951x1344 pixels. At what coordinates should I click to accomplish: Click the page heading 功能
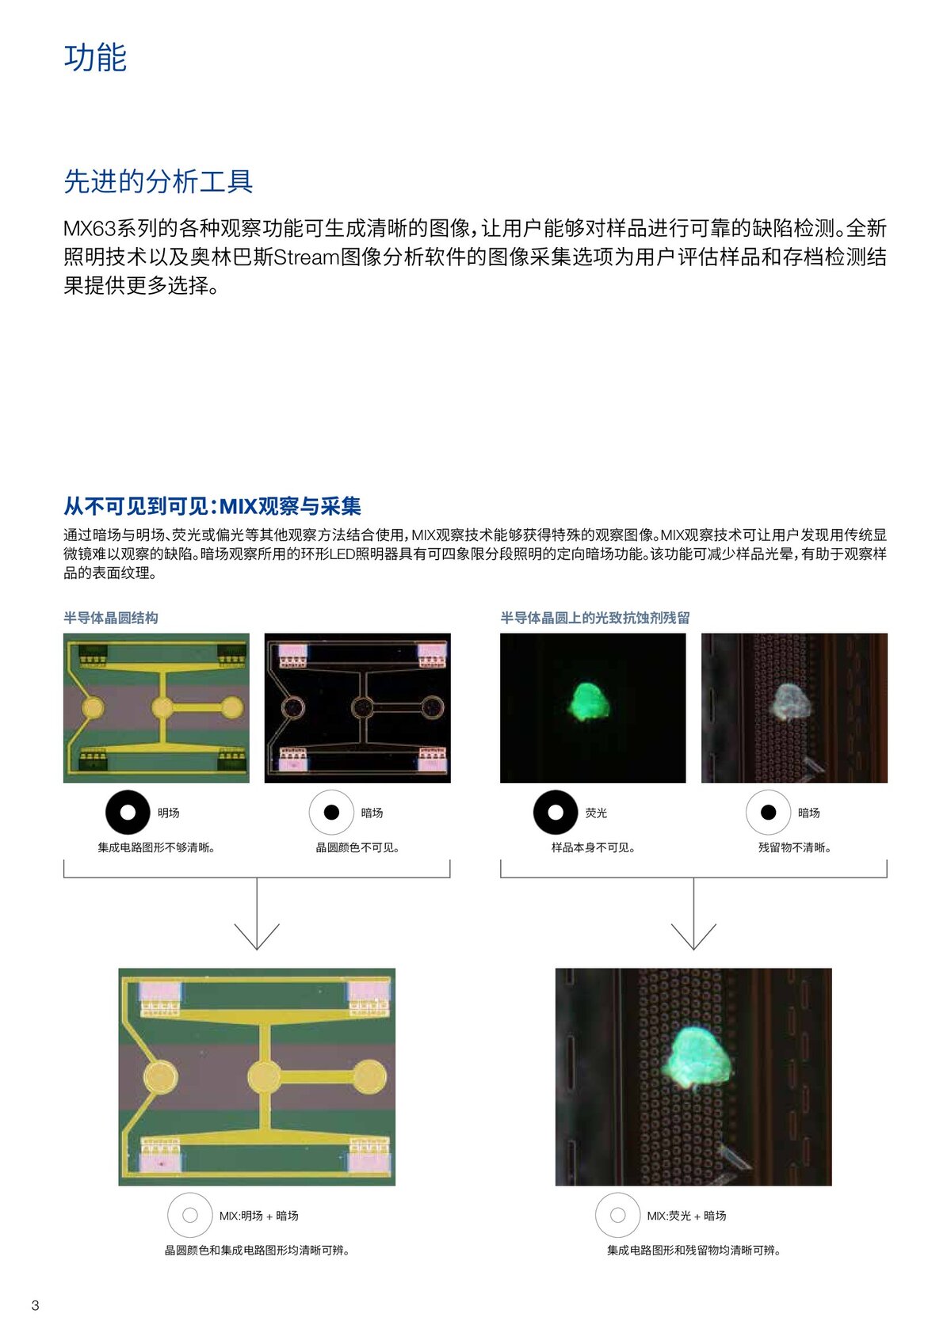click(95, 58)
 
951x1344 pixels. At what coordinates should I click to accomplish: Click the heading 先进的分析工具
click(158, 181)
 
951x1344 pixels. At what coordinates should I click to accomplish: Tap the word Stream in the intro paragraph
click(307, 257)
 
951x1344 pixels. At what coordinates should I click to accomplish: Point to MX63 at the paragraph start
click(90, 228)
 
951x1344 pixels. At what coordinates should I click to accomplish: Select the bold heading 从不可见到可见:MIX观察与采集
click(212, 506)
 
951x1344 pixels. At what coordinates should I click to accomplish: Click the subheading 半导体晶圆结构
click(111, 618)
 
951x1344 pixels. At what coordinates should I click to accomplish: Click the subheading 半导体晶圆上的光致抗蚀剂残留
click(595, 618)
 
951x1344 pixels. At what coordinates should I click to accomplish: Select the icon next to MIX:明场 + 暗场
click(189, 1216)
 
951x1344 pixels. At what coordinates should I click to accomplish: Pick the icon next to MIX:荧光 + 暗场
click(618, 1216)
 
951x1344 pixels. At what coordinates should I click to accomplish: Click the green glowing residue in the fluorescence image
click(590, 701)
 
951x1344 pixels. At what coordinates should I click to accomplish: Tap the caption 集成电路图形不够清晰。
click(156, 847)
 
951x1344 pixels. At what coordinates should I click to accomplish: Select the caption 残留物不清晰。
click(794, 847)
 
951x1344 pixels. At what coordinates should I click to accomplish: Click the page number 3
click(36, 1305)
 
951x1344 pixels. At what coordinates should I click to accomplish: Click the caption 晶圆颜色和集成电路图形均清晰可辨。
click(257, 1251)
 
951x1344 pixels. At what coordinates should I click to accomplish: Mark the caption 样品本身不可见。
click(593, 847)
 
